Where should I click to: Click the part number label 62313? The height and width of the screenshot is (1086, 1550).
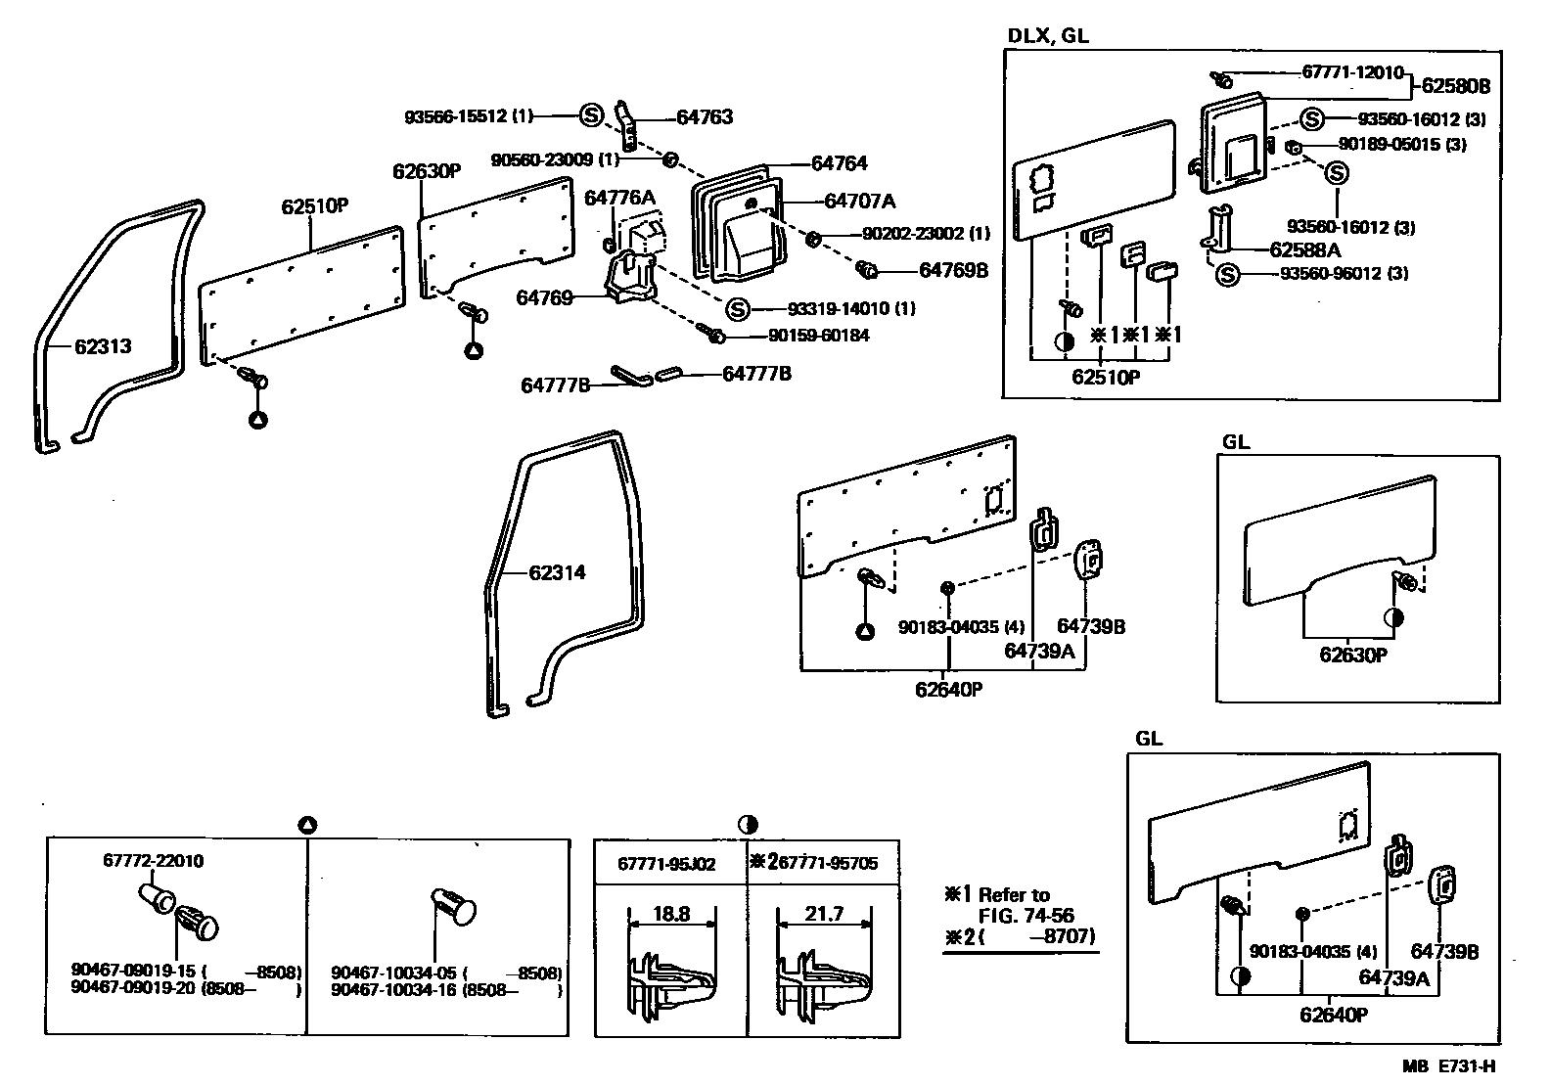(103, 346)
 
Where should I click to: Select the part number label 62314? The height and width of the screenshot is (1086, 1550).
(557, 572)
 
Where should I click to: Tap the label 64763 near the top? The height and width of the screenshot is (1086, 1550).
(705, 117)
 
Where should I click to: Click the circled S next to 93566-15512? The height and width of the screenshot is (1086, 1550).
(591, 115)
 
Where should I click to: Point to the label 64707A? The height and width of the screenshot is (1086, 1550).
(859, 202)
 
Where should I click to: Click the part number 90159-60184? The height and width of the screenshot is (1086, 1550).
(820, 336)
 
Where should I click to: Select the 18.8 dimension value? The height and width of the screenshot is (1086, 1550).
(670, 915)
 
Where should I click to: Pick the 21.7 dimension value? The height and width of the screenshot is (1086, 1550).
(824, 915)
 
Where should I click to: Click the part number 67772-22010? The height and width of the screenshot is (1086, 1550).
(154, 861)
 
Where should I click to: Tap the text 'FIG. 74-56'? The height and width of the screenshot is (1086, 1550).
(1026, 916)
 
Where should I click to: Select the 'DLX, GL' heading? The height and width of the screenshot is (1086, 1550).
(1048, 36)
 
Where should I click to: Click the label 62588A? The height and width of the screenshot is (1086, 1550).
(1304, 249)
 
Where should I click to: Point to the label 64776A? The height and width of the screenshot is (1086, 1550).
(619, 198)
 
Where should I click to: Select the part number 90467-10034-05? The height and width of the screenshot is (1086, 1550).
(395, 973)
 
